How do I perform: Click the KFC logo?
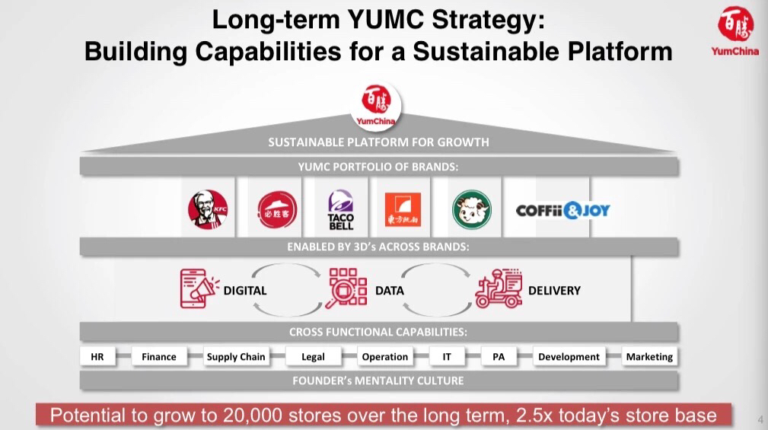click(208, 209)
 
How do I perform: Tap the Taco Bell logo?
click(341, 210)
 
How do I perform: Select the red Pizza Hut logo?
click(277, 209)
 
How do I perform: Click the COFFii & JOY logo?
click(562, 211)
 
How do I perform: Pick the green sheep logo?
click(472, 209)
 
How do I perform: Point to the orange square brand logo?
click(403, 209)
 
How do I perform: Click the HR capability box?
click(97, 356)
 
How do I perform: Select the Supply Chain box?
click(236, 356)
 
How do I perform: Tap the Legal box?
click(313, 356)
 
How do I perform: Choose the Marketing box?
click(649, 356)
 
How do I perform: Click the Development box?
click(569, 356)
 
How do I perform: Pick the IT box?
click(447, 356)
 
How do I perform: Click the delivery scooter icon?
click(499, 288)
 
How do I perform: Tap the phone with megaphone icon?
click(199, 288)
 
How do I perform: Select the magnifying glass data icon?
click(346, 288)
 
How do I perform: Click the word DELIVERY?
click(554, 291)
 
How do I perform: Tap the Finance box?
click(158, 356)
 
